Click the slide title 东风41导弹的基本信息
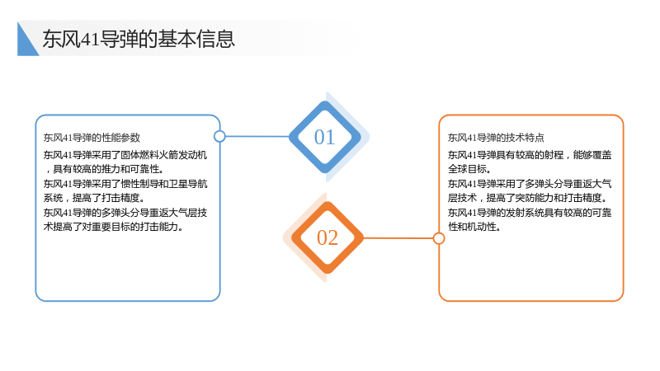(139, 39)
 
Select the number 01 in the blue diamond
(324, 137)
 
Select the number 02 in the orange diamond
(328, 237)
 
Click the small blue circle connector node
(219, 136)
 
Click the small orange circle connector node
(439, 238)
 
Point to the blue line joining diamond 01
(257, 136)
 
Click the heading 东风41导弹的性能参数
(92, 138)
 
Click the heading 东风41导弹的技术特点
(496, 138)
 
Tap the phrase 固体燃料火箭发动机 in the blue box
(163, 155)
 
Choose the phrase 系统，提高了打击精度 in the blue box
(92, 198)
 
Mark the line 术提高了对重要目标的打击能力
(113, 227)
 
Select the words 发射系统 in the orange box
(525, 213)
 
